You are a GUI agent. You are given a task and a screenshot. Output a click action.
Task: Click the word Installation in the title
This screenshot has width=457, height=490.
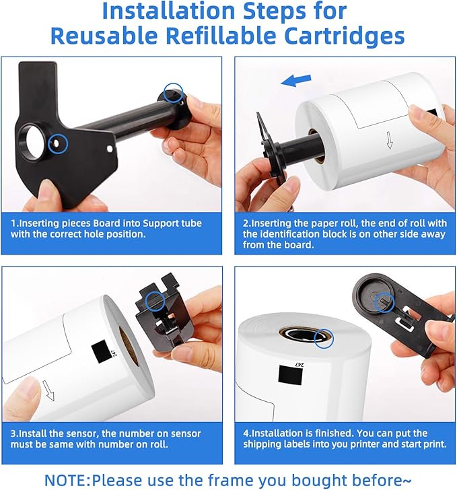click(x=168, y=11)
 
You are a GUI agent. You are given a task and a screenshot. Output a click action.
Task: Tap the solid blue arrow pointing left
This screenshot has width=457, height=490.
click(x=295, y=80)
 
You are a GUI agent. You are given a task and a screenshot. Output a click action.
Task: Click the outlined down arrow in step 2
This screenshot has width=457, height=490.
click(x=390, y=140)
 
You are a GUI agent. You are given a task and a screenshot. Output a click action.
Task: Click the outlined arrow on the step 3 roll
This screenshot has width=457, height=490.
click(x=48, y=390)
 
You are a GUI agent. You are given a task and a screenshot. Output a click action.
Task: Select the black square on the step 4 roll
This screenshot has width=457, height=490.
click(x=290, y=375)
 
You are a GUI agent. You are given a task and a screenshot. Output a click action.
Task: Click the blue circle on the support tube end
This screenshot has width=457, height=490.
click(x=174, y=92)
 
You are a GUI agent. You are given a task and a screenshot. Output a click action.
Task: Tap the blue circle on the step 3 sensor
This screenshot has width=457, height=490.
click(x=155, y=302)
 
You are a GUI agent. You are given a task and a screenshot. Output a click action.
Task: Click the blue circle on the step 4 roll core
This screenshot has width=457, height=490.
click(x=324, y=338)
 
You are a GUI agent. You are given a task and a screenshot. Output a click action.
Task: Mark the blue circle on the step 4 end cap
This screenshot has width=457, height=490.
click(x=384, y=302)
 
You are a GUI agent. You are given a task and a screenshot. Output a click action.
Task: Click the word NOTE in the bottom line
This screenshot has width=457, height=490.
click(x=67, y=480)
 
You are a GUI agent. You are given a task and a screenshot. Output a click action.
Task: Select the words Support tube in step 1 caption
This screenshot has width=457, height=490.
click(x=172, y=223)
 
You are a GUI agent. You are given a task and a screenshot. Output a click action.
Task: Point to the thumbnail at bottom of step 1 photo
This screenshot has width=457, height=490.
click(x=47, y=190)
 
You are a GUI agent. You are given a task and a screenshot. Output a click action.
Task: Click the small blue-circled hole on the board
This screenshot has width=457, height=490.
click(x=56, y=143)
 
